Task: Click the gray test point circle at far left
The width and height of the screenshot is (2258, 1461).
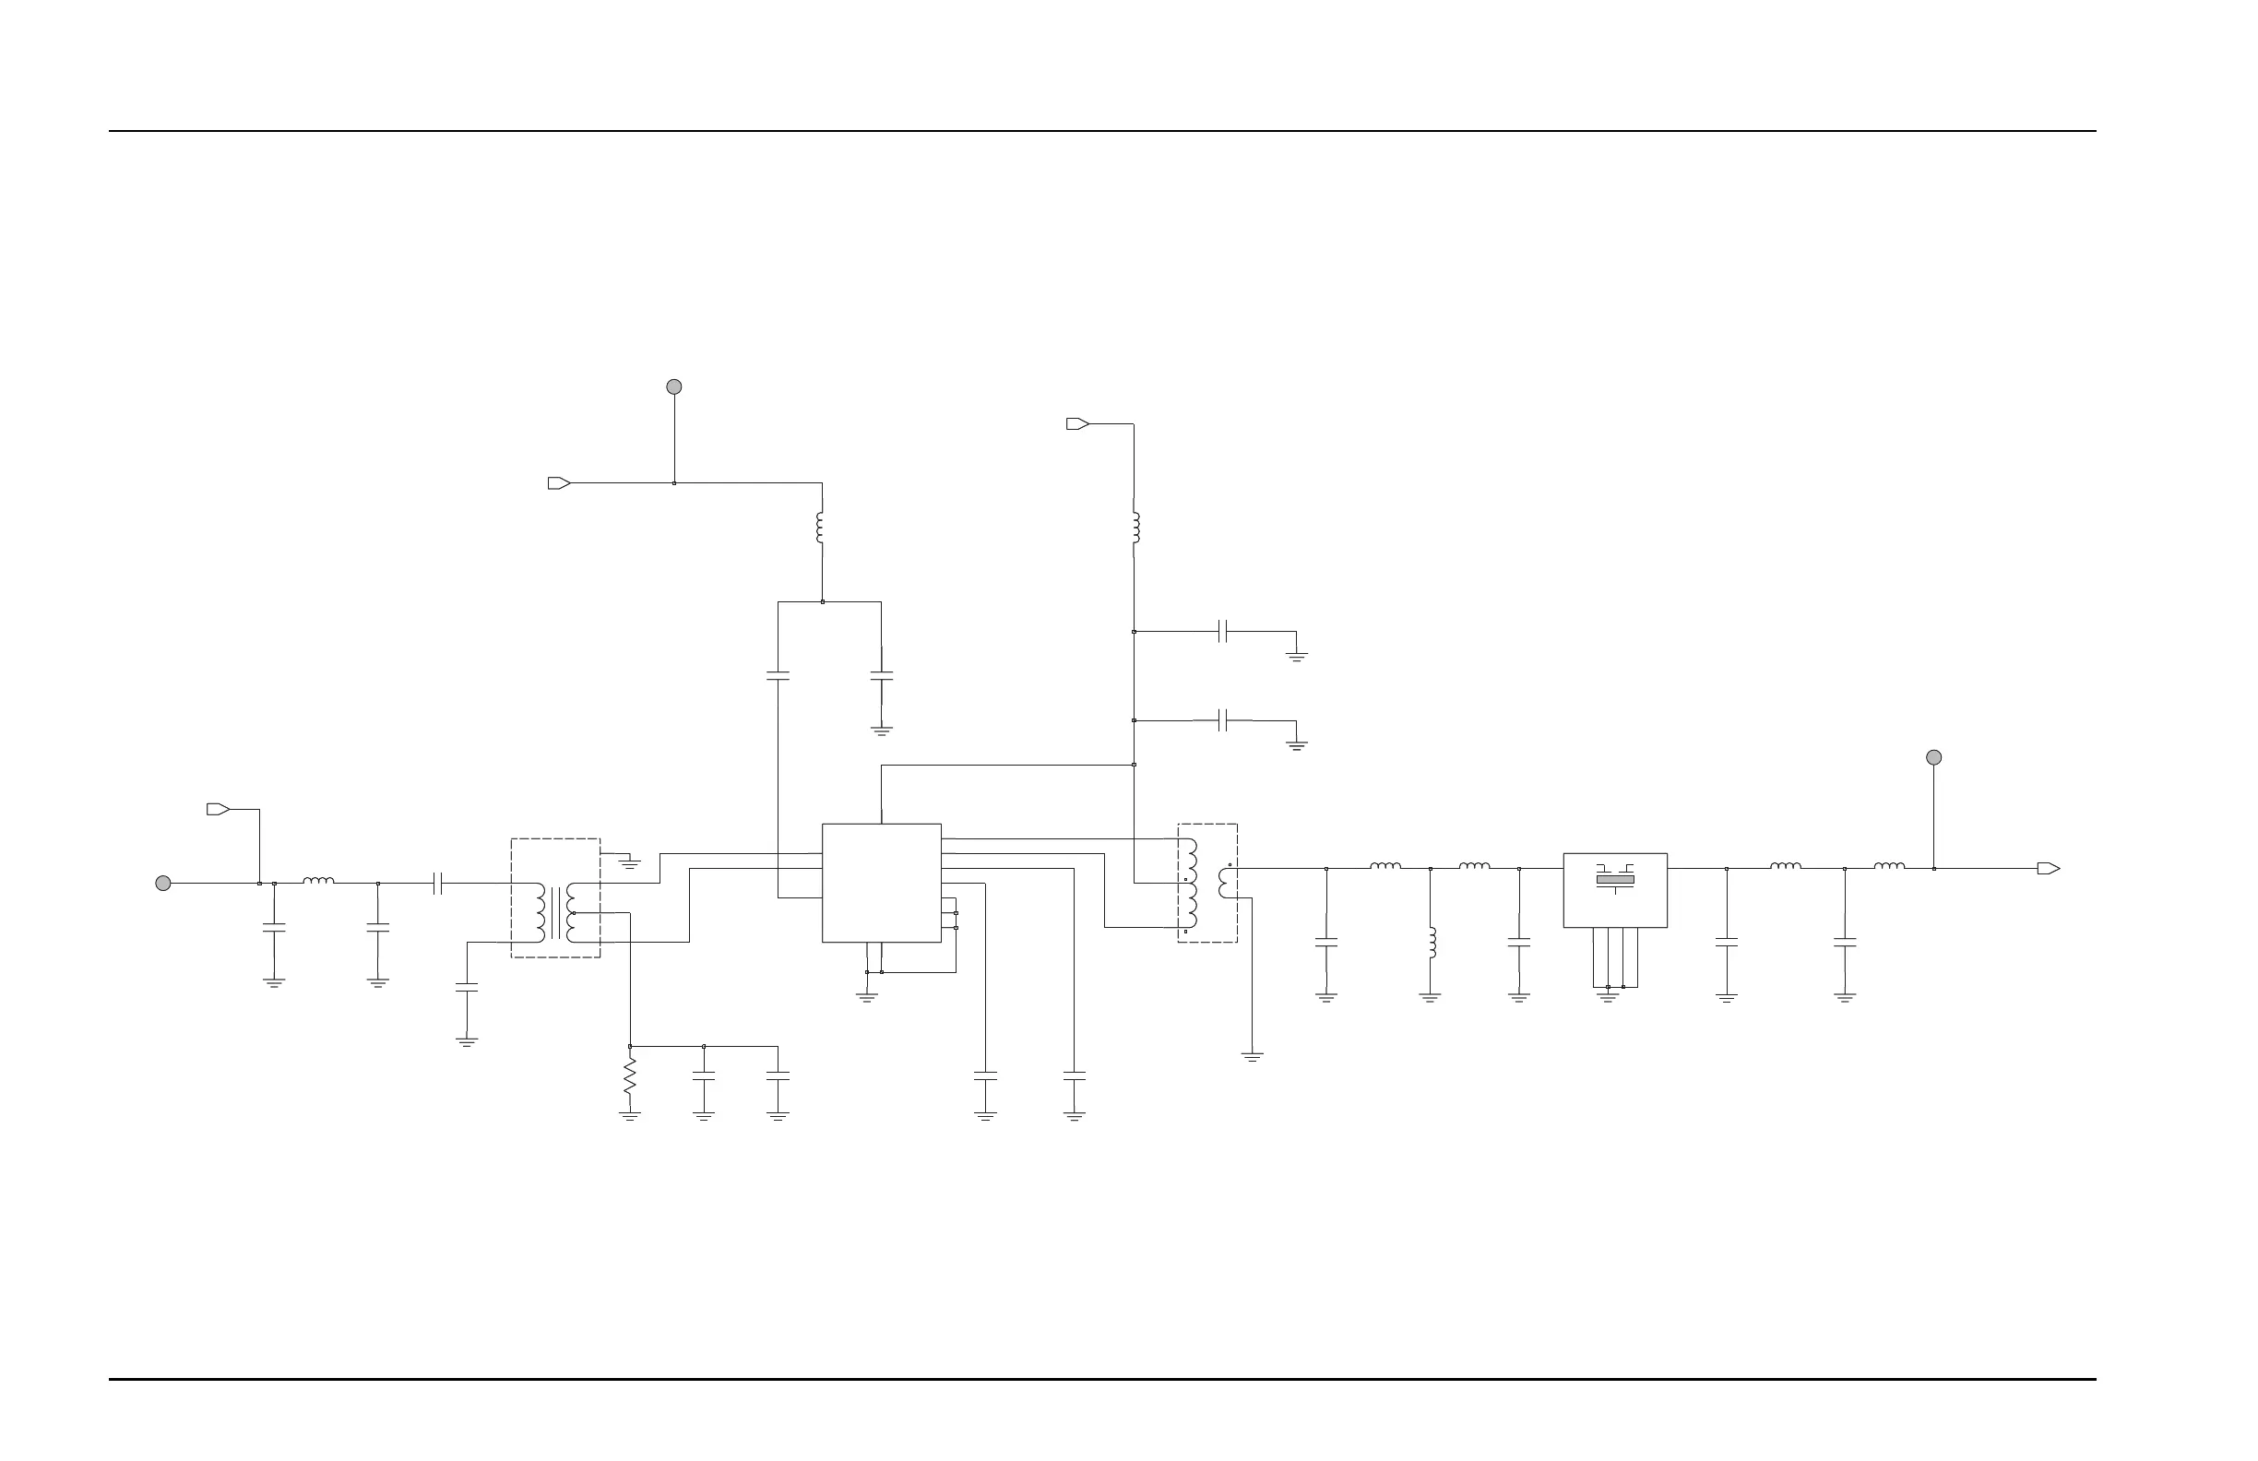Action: tap(163, 884)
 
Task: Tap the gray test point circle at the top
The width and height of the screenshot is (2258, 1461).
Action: tap(673, 387)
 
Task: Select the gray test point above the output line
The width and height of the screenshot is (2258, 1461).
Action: tap(1933, 757)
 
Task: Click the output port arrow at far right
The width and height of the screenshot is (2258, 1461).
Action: tap(2049, 868)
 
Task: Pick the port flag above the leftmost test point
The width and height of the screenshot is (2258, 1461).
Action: tap(219, 809)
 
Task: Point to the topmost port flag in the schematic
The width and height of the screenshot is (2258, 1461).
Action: tap(1077, 424)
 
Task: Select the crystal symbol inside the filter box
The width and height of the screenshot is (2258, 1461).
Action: tap(1615, 879)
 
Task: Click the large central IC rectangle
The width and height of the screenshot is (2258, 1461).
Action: tap(882, 883)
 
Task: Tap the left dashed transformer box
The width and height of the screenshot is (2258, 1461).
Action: tap(555, 897)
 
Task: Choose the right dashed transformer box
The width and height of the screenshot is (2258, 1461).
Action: tap(1206, 883)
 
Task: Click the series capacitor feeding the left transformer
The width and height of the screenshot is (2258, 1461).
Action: tap(437, 884)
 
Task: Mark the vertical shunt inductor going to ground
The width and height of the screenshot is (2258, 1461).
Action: tap(1431, 942)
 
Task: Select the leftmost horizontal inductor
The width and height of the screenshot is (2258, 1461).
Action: tap(318, 882)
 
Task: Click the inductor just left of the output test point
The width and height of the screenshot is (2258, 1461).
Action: tap(1888, 866)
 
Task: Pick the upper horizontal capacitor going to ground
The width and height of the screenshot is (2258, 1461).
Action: tap(1223, 632)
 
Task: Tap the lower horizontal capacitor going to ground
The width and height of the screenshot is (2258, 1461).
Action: tap(1223, 721)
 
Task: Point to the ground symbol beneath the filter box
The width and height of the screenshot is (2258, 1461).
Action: tap(1608, 997)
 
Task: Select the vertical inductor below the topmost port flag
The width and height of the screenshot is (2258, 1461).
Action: tap(1135, 529)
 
